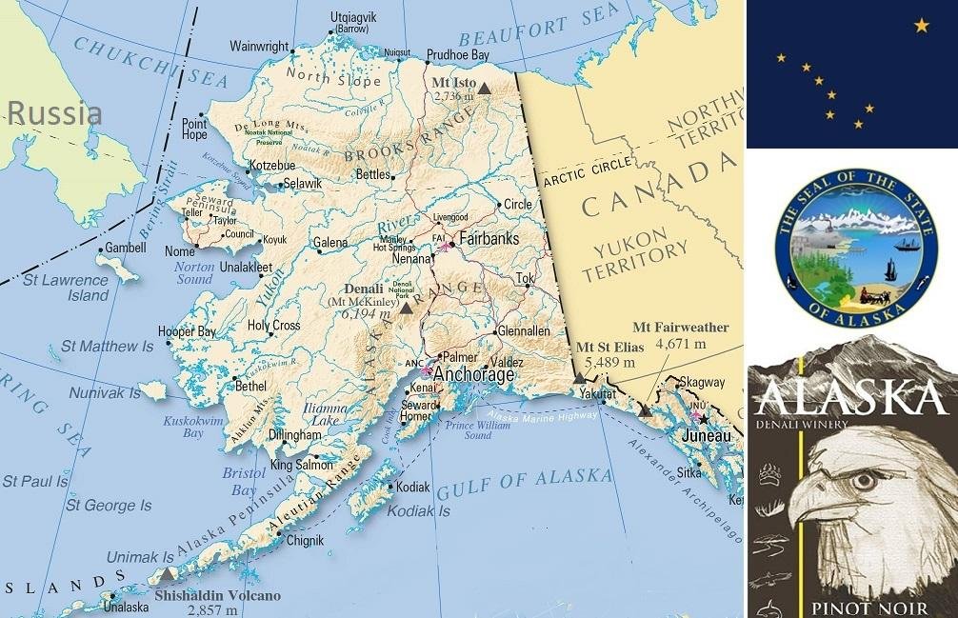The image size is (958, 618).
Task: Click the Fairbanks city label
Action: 489,239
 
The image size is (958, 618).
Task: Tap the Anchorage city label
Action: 474,375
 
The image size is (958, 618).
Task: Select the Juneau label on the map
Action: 708,436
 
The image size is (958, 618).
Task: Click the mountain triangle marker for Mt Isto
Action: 484,89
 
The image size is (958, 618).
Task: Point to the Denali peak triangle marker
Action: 407,309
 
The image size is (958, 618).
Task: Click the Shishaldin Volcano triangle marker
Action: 169,574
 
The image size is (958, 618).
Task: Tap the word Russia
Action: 54,114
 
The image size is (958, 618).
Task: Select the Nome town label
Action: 179,251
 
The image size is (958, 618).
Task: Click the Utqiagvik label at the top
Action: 352,17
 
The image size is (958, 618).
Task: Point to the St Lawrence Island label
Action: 65,288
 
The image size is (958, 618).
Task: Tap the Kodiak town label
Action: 413,487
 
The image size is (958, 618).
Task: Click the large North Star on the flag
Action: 921,26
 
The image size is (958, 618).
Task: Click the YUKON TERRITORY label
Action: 634,260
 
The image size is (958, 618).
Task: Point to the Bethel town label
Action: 250,387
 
